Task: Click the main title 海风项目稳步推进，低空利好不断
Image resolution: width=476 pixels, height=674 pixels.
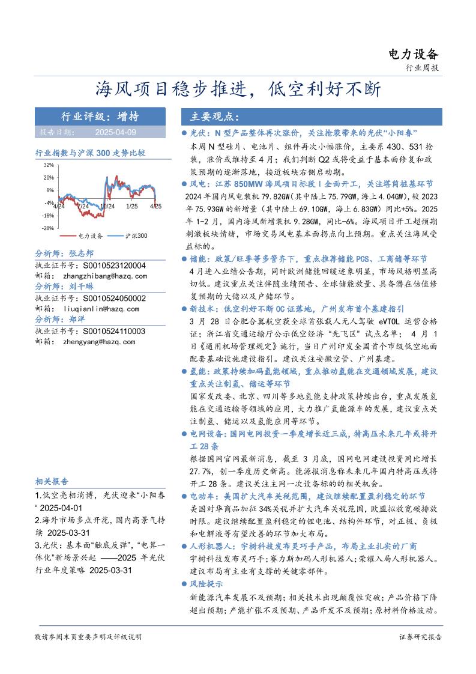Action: pos(238,90)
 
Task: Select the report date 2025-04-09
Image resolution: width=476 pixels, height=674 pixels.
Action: pos(115,132)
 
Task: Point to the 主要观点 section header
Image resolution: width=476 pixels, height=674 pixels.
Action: pos(215,117)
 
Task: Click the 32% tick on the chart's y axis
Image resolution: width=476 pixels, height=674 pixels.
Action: pos(49,165)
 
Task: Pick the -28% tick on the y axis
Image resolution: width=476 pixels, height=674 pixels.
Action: pos(47,228)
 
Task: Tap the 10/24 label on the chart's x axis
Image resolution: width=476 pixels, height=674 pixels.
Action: pos(107,206)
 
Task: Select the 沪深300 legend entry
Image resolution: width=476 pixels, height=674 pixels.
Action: pos(136,237)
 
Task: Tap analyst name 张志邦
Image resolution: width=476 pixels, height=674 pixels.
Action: pos(81,254)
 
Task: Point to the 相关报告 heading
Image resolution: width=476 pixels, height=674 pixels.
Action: pos(52,482)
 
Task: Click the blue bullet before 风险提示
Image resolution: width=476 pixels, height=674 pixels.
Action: pos(184,583)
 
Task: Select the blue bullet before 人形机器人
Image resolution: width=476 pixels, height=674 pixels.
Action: pos(184,546)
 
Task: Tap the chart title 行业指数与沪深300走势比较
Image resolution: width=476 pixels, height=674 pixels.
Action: pos(90,153)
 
